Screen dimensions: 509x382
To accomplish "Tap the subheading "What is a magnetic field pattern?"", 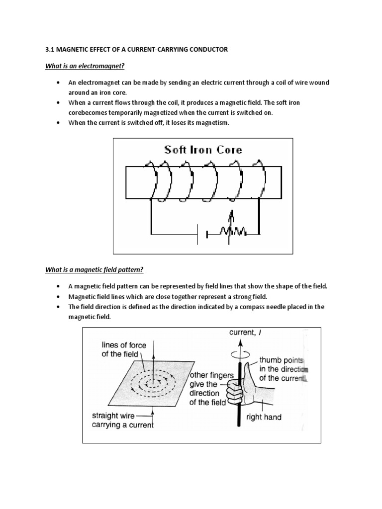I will (x=95, y=270).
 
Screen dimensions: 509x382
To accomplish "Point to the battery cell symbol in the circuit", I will (x=199, y=234).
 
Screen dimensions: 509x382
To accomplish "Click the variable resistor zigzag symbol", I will (x=231, y=232).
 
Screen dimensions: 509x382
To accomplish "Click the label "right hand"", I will (x=264, y=417).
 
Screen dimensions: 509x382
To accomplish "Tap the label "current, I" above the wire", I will (x=245, y=333).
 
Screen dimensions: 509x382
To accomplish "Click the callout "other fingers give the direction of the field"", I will (x=208, y=388).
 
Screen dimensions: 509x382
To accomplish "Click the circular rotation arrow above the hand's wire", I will (x=240, y=353).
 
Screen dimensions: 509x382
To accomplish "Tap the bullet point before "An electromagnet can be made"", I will (x=59, y=82).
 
